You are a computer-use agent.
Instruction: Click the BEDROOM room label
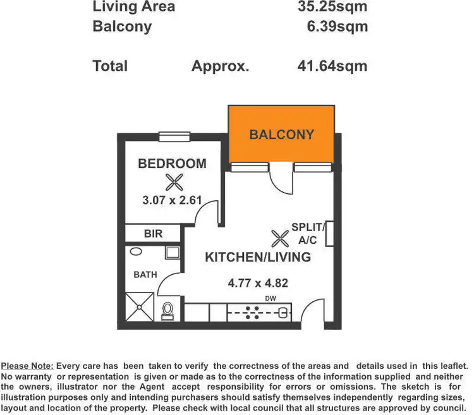(x=172, y=164)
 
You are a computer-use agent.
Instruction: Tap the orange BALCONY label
(x=281, y=135)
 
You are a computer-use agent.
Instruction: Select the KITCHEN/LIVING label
(x=258, y=257)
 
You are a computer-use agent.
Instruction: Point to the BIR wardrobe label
(x=153, y=234)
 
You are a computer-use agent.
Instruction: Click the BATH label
(x=145, y=275)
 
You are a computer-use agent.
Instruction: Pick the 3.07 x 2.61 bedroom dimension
(x=172, y=201)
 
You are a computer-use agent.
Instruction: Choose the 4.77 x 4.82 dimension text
(x=258, y=283)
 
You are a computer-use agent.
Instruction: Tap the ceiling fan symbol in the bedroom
(x=174, y=183)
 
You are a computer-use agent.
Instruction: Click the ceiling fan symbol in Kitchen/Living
(x=279, y=239)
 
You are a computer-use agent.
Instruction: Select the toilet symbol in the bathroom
(x=167, y=310)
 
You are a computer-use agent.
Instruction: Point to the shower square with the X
(x=139, y=307)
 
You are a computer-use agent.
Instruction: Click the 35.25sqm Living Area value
(x=332, y=8)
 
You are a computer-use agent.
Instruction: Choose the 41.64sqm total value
(x=332, y=66)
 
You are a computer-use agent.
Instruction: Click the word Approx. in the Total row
(x=221, y=66)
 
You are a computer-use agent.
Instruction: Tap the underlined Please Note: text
(x=27, y=366)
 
